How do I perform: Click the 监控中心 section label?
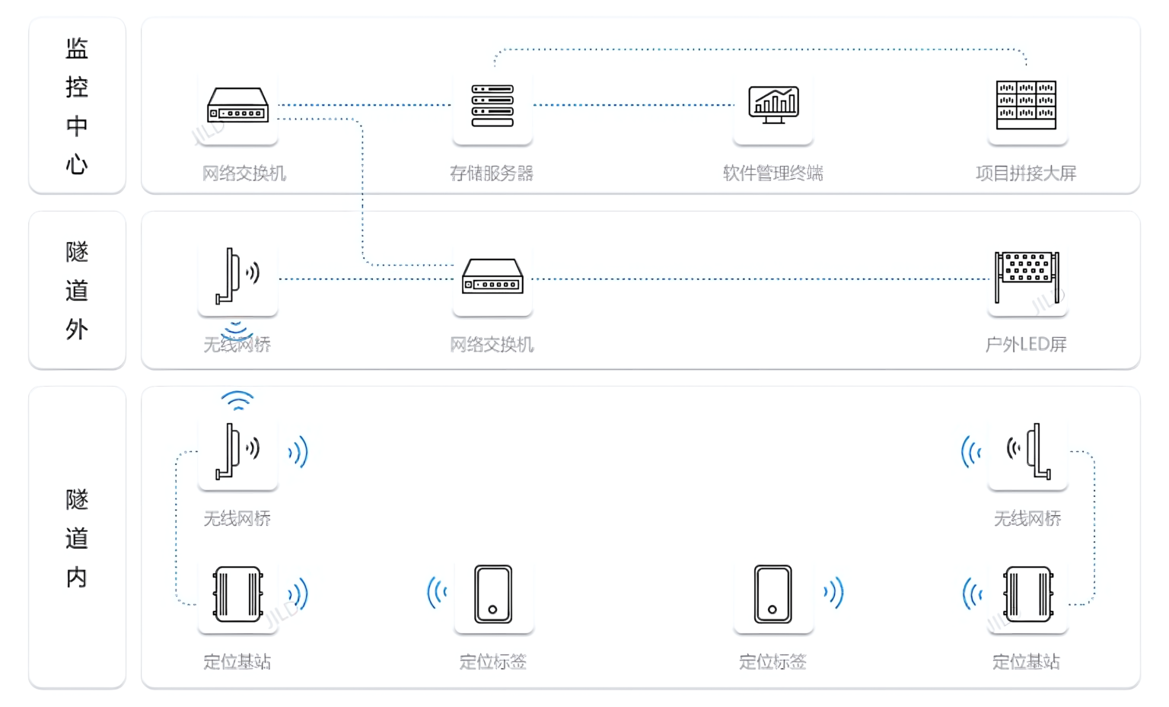(x=77, y=105)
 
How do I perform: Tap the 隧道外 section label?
(x=77, y=290)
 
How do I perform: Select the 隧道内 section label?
(x=77, y=537)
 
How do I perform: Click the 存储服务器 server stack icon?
(x=492, y=106)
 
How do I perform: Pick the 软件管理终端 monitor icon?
(x=773, y=105)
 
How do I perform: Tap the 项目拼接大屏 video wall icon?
(x=1026, y=105)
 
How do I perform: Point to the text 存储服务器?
(x=492, y=174)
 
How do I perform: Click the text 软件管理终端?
(x=772, y=174)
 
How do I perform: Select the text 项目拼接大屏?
(x=1026, y=174)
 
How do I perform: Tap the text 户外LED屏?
(x=1026, y=345)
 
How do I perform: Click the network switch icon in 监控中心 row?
(x=238, y=106)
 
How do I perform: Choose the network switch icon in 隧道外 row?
(x=492, y=277)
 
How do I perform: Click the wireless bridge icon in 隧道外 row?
(x=237, y=275)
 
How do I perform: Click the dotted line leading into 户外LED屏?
(x=761, y=279)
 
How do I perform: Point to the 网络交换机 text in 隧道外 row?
(x=492, y=345)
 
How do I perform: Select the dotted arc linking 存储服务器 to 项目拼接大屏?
(x=761, y=49)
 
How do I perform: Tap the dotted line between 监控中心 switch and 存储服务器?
(x=365, y=105)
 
